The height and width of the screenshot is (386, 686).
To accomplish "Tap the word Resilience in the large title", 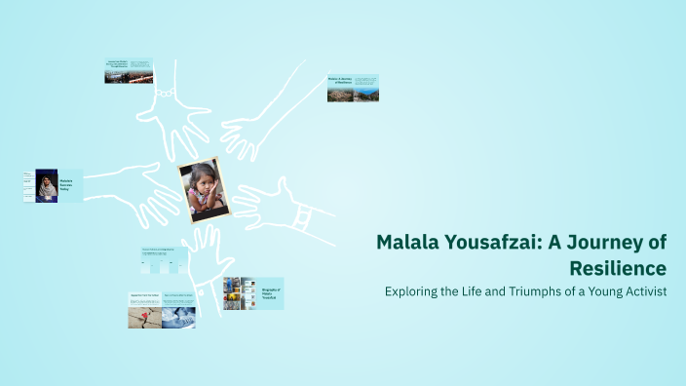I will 620,268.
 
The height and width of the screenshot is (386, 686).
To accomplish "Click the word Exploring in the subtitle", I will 412,291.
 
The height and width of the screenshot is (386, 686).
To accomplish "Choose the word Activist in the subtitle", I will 643,291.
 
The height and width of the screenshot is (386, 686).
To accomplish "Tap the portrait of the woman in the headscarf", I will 46,186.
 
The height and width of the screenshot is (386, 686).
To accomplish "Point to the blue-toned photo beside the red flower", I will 179,317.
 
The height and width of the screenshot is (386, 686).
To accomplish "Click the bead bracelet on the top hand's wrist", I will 167,93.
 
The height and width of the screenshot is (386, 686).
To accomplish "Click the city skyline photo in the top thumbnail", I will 130,76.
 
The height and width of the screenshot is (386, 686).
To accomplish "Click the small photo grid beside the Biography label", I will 240,293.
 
